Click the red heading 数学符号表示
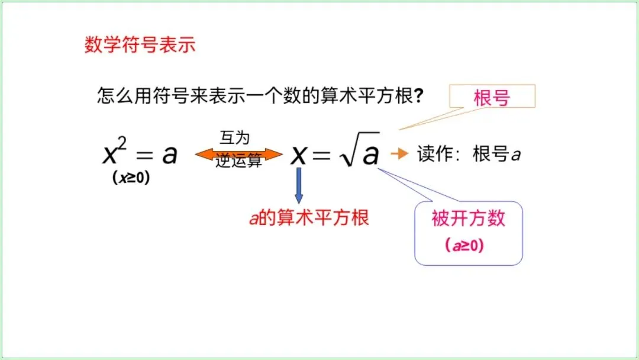(x=140, y=46)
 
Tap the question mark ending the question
(x=418, y=96)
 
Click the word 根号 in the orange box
(x=492, y=98)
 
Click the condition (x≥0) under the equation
(x=131, y=178)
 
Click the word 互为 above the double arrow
(x=235, y=138)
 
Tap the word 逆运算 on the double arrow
(x=238, y=161)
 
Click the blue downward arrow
(x=299, y=185)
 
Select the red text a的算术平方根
(x=309, y=217)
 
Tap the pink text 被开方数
(x=469, y=218)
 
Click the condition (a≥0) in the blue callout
(x=465, y=245)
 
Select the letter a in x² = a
(x=170, y=155)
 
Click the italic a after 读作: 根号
(x=515, y=156)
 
